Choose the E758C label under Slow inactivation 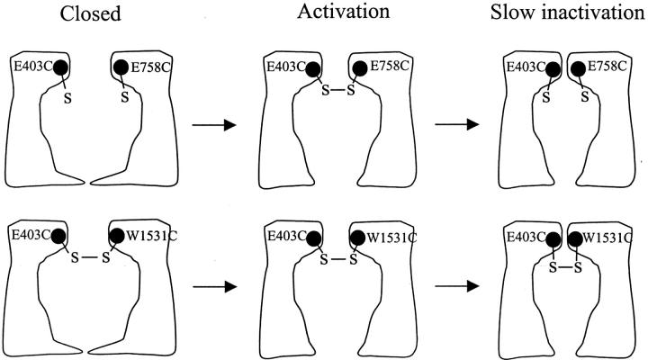[x=608, y=67]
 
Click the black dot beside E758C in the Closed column [x=121, y=67]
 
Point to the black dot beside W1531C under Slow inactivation [x=572, y=239]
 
